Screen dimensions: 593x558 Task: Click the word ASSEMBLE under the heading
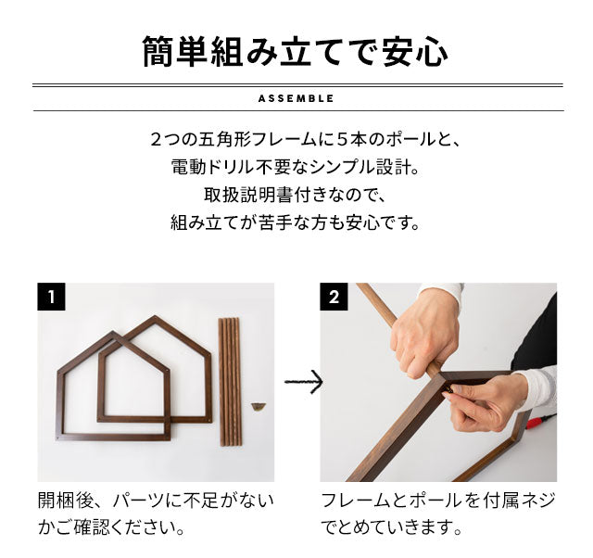pos(296,99)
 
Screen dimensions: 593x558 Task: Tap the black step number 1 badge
pos(51,297)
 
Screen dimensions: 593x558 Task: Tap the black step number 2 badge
pos(334,297)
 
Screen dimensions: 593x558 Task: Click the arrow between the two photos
pos(304,382)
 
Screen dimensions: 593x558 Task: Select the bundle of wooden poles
pos(230,382)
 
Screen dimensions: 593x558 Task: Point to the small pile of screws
pos(259,407)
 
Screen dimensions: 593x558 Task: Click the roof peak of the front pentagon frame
pos(113,334)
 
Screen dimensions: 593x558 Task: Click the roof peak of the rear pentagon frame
pos(155,318)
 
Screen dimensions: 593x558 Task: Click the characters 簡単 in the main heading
pos(174,52)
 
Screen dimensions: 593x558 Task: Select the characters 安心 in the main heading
pos(415,52)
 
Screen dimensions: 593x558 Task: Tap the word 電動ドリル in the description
pos(213,168)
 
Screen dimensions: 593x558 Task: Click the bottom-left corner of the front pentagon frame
pos(57,438)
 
